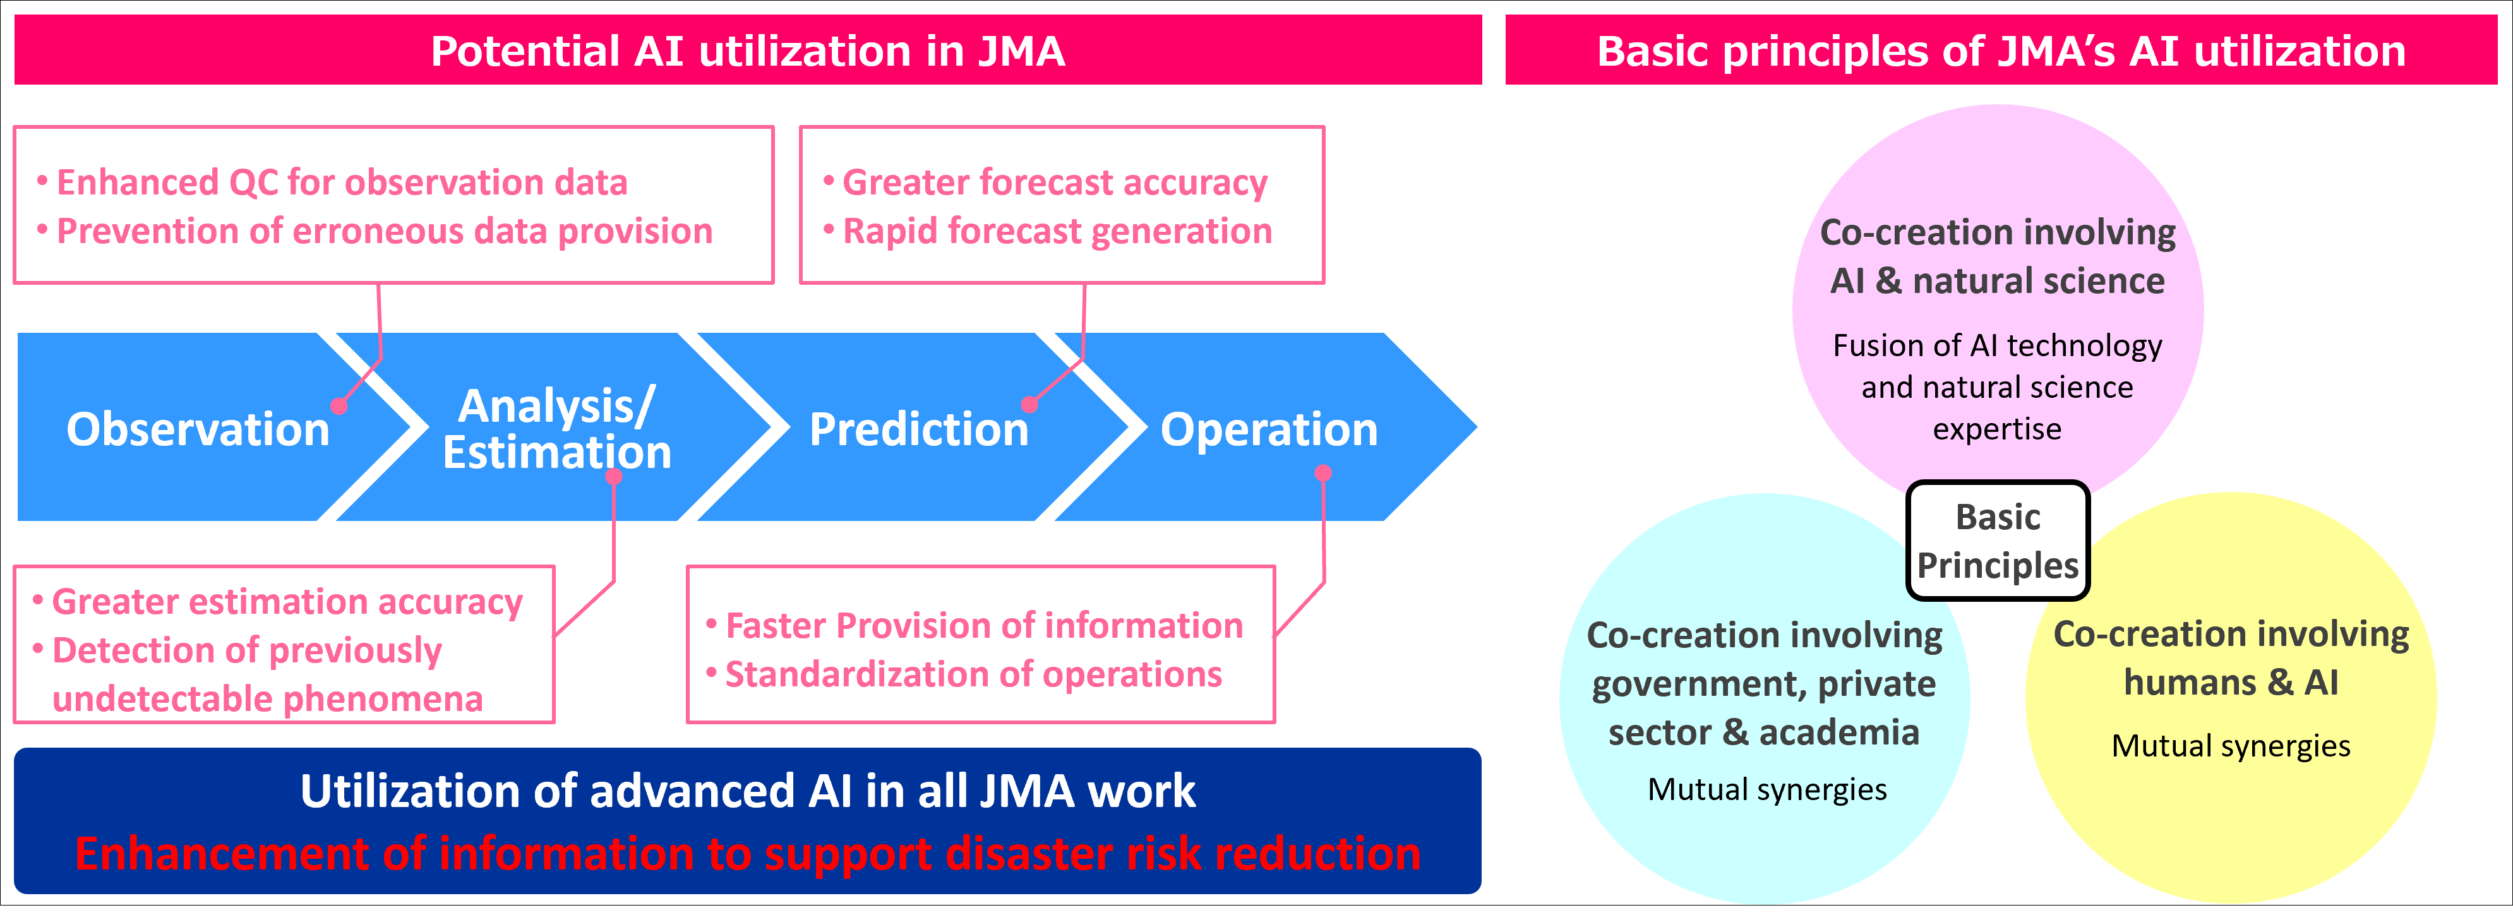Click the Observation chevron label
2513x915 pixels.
(x=198, y=429)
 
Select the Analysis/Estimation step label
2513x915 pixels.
(x=557, y=429)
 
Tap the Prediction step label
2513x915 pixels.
(x=919, y=429)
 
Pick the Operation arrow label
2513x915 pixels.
(x=1268, y=429)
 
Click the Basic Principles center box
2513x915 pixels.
(x=1998, y=541)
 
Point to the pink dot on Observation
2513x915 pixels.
(x=339, y=406)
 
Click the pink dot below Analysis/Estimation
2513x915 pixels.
(x=614, y=476)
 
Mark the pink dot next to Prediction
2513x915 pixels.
(x=1029, y=404)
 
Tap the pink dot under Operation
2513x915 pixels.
(x=1323, y=473)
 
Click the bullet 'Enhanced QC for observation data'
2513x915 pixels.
(x=342, y=182)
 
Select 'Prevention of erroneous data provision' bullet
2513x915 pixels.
(x=385, y=231)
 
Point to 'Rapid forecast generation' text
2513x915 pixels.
(x=1057, y=231)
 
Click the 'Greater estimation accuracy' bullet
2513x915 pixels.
(x=287, y=602)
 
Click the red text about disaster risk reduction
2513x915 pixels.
(x=747, y=854)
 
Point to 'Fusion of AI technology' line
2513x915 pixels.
(x=1997, y=345)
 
